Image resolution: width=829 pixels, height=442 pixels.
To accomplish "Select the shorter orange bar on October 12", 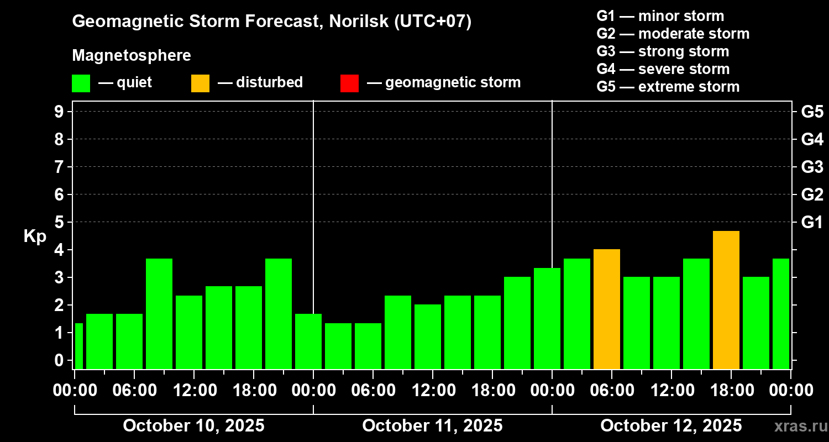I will (607, 309).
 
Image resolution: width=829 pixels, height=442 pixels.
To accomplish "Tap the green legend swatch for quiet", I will (81, 83).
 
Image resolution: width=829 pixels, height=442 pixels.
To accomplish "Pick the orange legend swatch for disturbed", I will (200, 83).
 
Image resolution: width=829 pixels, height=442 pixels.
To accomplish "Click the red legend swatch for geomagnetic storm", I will (349, 83).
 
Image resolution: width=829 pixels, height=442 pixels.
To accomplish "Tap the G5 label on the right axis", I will (812, 112).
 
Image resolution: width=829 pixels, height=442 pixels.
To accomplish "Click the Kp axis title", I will (35, 236).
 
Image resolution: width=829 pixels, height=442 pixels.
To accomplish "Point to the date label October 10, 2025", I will (193, 426).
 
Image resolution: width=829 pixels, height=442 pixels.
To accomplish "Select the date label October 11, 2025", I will (432, 426).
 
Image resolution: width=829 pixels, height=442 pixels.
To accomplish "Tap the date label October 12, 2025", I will (671, 426).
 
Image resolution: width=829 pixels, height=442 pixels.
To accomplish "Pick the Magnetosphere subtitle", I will (132, 56).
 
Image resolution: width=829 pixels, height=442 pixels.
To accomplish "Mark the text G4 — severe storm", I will (663, 69).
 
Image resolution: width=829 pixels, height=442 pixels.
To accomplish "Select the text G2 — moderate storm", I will (673, 34).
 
